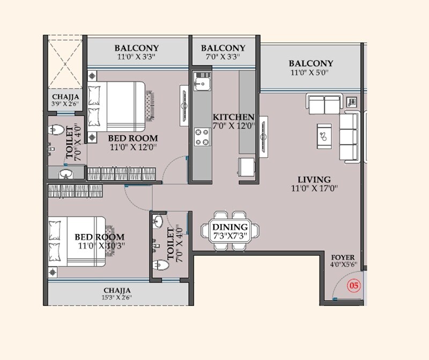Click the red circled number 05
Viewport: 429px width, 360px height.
[353, 286]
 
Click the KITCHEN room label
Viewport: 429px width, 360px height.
[233, 117]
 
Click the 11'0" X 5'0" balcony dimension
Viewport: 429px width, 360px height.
[311, 72]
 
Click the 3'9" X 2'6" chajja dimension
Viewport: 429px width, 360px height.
[64, 104]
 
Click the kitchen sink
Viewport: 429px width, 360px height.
[202, 84]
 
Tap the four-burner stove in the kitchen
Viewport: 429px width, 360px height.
[202, 136]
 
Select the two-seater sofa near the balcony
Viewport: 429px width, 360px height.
[323, 104]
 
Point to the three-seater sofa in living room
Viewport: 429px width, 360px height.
[352, 136]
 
